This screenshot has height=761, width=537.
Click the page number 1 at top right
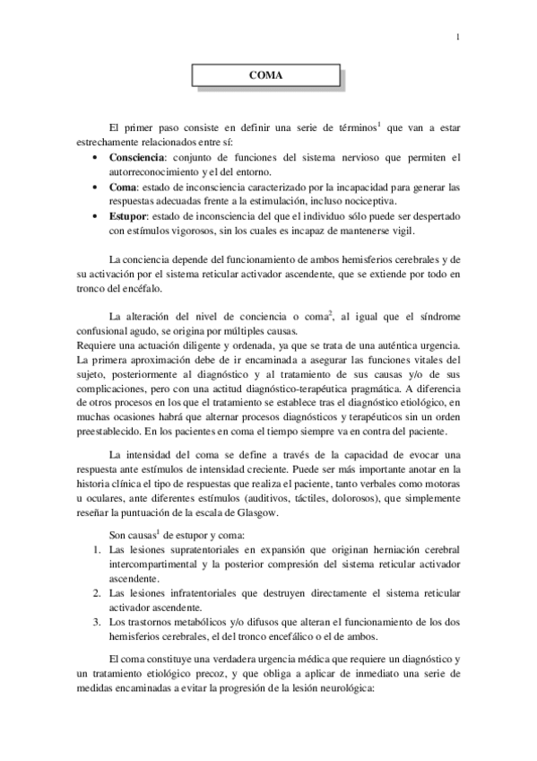tap(457, 37)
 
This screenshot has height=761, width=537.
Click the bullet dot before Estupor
tap(97, 217)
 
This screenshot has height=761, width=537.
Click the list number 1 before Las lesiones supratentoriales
tap(97, 548)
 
